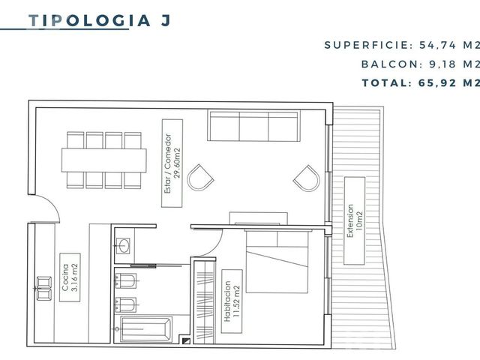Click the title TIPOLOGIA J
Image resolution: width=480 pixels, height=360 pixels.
(99, 21)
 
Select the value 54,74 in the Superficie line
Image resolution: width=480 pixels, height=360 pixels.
(438, 45)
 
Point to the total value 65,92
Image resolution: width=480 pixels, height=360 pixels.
(437, 82)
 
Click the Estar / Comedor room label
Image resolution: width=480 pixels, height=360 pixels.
(172, 163)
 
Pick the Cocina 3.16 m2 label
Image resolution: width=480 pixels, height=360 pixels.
(70, 277)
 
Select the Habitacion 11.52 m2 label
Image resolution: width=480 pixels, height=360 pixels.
(232, 301)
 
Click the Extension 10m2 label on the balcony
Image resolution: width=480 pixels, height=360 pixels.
(355, 220)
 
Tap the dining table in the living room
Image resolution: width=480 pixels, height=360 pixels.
(103, 160)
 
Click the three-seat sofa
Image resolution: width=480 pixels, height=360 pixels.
(253, 125)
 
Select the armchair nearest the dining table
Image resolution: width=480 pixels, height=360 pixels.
(200, 178)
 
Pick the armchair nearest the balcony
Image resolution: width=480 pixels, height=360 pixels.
(307, 178)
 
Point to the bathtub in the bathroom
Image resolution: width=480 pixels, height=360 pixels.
(145, 329)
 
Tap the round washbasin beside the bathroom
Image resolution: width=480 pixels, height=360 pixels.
(124, 246)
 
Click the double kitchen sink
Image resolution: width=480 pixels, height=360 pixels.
(44, 288)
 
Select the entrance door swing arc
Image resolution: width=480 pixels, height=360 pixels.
(51, 203)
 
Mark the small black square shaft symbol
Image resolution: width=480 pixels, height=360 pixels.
(186, 341)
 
